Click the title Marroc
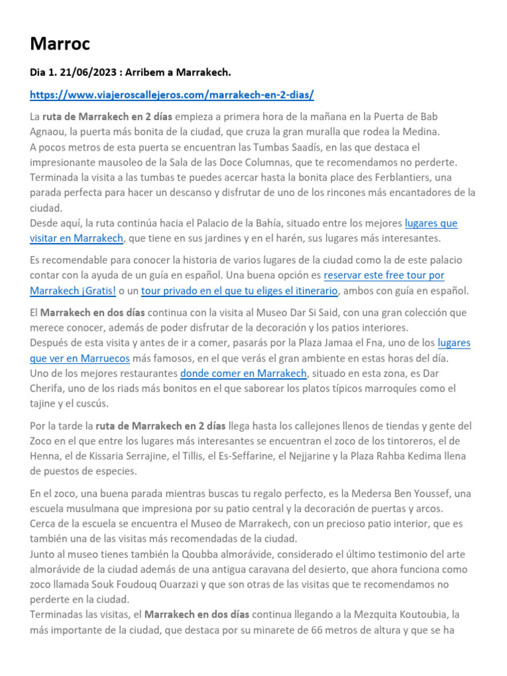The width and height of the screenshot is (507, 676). [60, 44]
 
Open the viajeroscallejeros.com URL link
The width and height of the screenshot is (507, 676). [172, 94]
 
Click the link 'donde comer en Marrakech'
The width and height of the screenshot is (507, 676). [243, 374]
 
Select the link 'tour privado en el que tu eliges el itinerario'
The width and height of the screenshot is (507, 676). [240, 290]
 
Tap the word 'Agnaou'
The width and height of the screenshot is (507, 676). [48, 131]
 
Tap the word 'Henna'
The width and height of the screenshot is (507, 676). [46, 456]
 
